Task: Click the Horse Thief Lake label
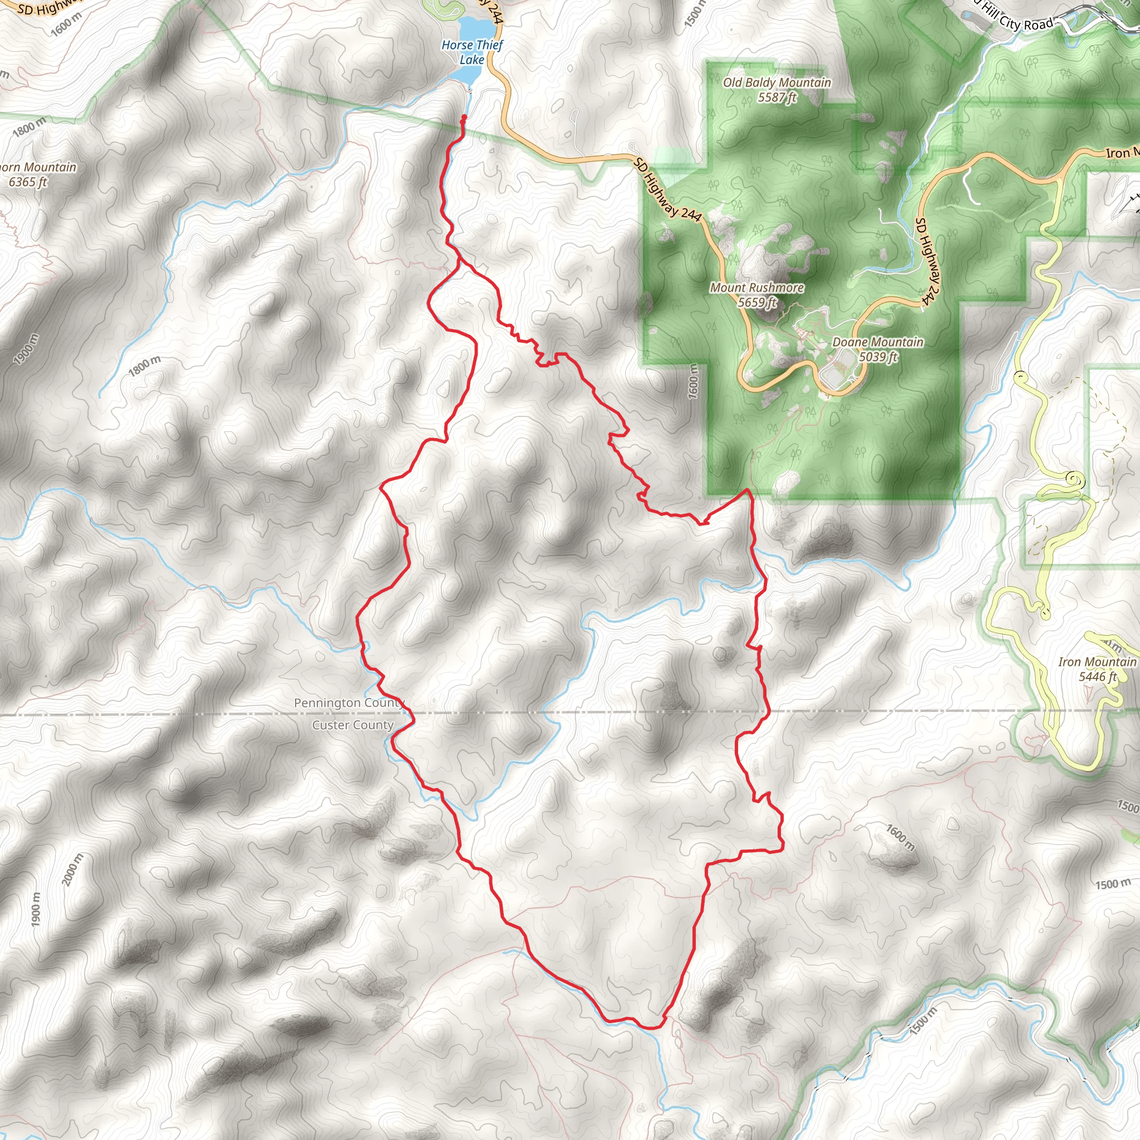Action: click(x=472, y=52)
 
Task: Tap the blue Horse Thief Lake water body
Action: click(x=475, y=30)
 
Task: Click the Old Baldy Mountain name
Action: click(x=777, y=82)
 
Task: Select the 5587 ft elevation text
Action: click(x=777, y=97)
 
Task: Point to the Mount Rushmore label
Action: click(x=756, y=288)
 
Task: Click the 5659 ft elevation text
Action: click(x=757, y=303)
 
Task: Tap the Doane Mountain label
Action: click(x=877, y=342)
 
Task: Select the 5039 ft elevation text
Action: click(x=877, y=357)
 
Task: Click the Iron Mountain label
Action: click(x=1097, y=662)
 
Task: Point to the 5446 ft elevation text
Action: click(x=1097, y=677)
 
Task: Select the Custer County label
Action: click(x=353, y=725)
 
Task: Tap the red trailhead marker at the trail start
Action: click(x=463, y=118)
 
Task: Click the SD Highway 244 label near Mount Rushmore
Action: click(x=667, y=190)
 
